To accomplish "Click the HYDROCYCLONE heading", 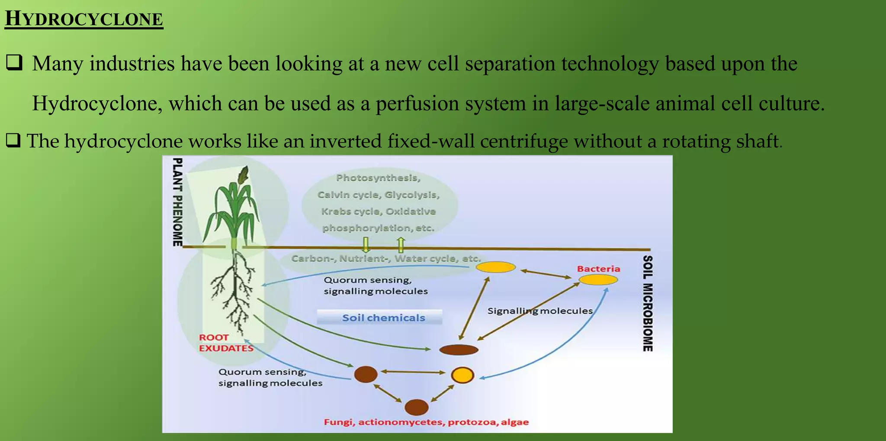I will (83, 19).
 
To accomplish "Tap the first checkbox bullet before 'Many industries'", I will (14, 63).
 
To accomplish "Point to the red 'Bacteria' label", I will (598, 269).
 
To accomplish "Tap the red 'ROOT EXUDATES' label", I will (225, 343).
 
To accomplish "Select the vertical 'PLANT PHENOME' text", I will (177, 202).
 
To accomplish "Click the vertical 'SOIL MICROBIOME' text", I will (647, 303).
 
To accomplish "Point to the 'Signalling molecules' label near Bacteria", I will (539, 311).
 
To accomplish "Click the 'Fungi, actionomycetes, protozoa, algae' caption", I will (426, 422).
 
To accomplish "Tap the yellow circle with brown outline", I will (462, 375).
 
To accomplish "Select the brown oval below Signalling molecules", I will (459, 350).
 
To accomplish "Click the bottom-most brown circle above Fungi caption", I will (416, 407).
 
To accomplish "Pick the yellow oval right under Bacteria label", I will (598, 280).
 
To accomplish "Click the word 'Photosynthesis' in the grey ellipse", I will (377, 178).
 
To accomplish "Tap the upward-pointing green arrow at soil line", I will (401, 245).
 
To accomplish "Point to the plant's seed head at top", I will (244, 175).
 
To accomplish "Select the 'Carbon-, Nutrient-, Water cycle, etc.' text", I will (385, 259).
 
